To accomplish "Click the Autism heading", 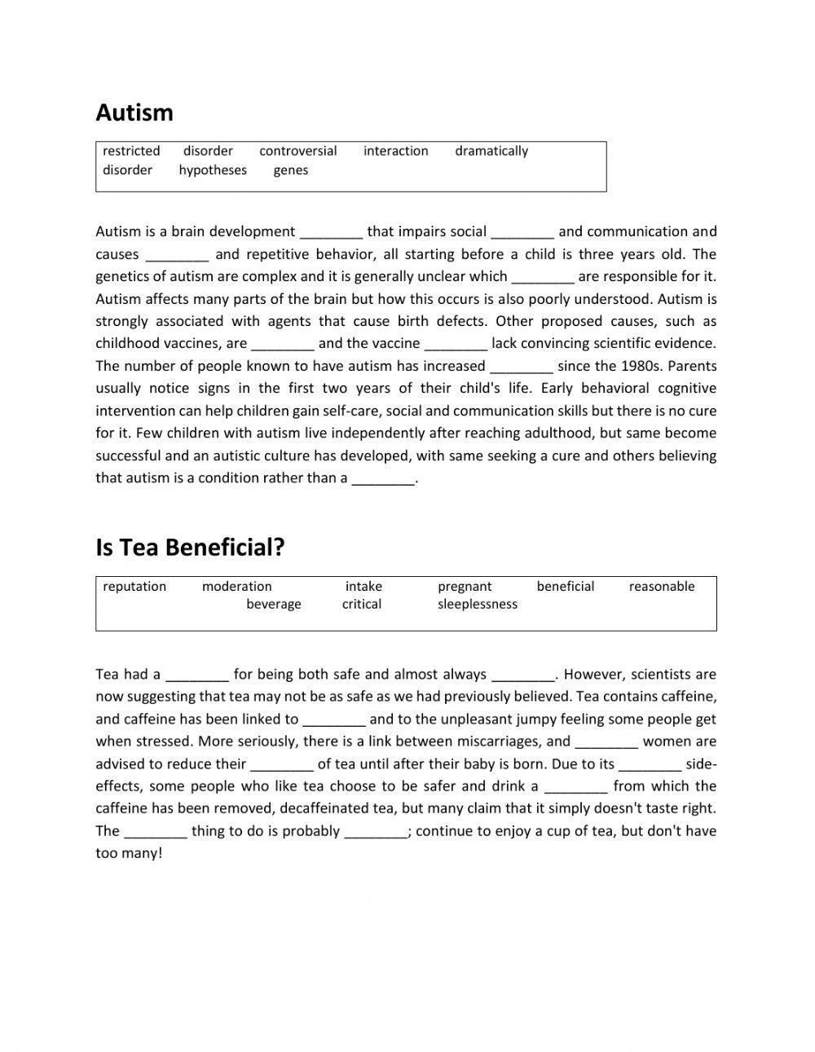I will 134,112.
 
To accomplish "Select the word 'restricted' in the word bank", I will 131,151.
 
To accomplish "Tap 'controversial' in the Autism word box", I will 297,151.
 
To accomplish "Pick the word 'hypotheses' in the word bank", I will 213,170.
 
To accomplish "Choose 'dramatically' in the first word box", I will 491,151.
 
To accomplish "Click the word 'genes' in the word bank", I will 291,170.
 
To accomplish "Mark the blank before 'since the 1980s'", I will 522,367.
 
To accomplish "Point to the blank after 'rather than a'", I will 383,479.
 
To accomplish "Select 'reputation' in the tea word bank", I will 134,587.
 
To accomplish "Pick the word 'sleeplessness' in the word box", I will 478,605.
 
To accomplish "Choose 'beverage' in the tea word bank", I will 274,605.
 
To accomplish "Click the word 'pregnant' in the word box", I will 465,587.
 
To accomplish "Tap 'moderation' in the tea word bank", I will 237,587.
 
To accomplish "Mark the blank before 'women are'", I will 606,742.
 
